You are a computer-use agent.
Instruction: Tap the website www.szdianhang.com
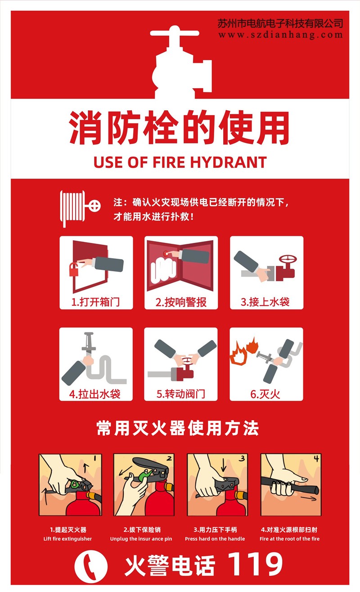(x=280, y=35)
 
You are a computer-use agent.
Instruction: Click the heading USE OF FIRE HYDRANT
(x=180, y=162)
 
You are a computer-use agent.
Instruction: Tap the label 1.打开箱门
(x=96, y=302)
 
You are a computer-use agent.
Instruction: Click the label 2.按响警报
(x=181, y=302)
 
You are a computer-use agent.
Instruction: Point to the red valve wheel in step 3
(x=288, y=260)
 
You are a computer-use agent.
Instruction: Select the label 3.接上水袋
(x=265, y=302)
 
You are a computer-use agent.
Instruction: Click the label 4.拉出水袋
(x=95, y=394)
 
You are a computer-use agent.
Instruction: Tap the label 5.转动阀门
(x=181, y=394)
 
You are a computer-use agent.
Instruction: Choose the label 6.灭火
(x=265, y=394)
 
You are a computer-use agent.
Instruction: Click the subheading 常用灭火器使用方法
(x=178, y=428)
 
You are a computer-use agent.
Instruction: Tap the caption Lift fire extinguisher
(x=67, y=538)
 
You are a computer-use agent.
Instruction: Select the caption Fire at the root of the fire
(x=289, y=538)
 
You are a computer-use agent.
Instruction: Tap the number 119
(x=255, y=564)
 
